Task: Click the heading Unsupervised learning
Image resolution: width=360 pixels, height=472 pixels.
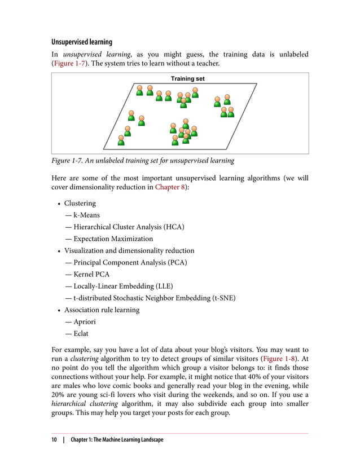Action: click(82, 42)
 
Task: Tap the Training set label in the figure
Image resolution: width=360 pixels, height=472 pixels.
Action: click(187, 79)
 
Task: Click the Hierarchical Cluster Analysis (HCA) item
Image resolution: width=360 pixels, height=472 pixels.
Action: click(129, 227)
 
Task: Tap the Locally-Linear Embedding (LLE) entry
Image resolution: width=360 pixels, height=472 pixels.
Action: click(123, 286)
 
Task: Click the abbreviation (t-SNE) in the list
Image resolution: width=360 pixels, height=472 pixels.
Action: click(221, 298)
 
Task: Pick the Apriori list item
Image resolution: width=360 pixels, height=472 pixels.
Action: click(85, 321)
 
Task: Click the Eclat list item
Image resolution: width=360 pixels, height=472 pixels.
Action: click(81, 333)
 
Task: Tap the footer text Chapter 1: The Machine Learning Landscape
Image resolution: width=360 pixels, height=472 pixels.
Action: click(117, 439)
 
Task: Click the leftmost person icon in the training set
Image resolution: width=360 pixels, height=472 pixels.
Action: click(121, 140)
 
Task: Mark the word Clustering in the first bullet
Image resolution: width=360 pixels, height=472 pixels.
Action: click(80, 203)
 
